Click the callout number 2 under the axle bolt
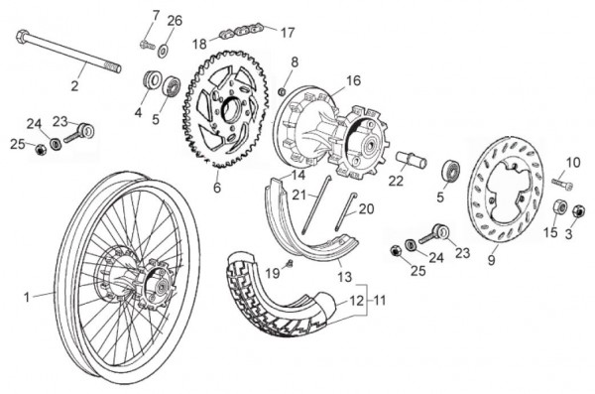[74, 86]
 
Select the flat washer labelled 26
[164, 50]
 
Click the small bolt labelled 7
[147, 45]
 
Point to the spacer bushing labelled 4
[152, 80]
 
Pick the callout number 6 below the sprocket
[217, 188]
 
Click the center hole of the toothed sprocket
[230, 109]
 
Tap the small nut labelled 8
[282, 91]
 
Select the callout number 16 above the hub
[353, 80]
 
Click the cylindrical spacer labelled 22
[412, 160]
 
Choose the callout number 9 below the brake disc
[492, 260]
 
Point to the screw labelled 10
[562, 184]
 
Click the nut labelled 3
[577, 210]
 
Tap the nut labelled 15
[559, 207]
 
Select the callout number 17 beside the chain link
[288, 33]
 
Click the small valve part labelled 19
[290, 263]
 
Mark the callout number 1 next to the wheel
[27, 297]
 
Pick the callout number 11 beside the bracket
[380, 300]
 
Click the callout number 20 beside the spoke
[366, 208]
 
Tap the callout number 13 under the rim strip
[344, 277]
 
